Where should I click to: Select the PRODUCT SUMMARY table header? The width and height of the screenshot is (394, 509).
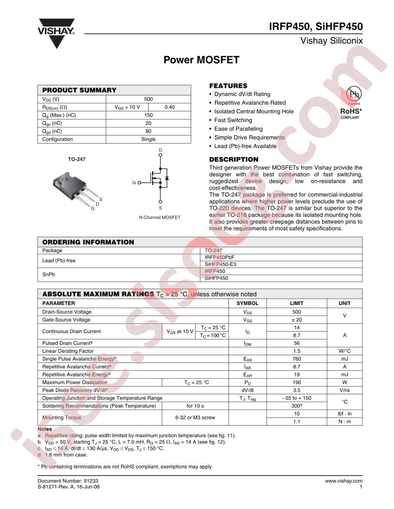[79, 90]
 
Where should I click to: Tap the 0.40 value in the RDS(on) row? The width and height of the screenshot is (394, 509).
[169, 107]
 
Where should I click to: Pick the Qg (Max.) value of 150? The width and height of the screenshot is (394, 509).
[148, 115]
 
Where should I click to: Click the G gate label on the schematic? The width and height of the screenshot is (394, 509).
[134, 183]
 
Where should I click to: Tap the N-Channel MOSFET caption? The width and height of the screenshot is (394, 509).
[159, 217]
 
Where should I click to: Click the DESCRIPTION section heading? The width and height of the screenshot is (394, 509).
[234, 160]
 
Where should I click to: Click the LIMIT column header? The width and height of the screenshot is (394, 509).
[296, 304]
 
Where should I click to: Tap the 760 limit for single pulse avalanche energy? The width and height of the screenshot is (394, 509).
[296, 359]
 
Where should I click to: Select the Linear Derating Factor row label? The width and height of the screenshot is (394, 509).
[68, 351]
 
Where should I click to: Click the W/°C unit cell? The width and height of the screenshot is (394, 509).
[345, 351]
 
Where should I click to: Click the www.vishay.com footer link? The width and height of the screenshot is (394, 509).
[343, 481]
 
